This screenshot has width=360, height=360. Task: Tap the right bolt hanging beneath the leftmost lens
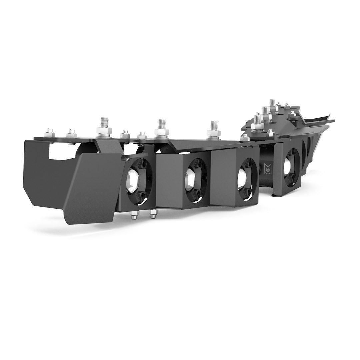click(153, 215)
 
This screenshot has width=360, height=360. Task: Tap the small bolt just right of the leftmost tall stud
click(125, 134)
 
